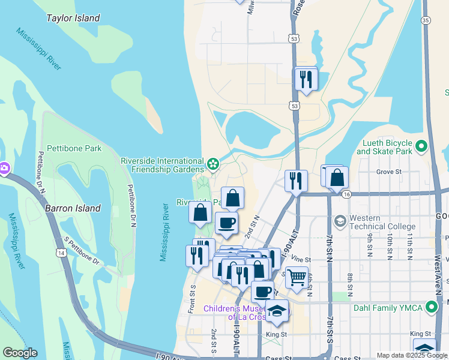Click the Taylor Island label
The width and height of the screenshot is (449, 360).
click(73, 19)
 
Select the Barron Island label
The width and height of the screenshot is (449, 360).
click(73, 209)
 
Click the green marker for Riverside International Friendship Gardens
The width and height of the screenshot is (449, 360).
click(212, 163)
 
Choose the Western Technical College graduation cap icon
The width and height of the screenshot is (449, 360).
click(340, 221)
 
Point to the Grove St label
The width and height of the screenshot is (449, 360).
click(388, 172)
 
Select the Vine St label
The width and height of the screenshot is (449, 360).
click(298, 259)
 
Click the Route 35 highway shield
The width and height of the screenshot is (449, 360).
click(425, 20)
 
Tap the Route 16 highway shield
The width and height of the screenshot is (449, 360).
click(346, 194)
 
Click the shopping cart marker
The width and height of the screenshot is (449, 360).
click(297, 277)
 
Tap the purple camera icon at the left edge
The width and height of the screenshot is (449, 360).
click(4, 169)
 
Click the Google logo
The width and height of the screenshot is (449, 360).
click(20, 353)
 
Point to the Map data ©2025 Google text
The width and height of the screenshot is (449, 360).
click(411, 355)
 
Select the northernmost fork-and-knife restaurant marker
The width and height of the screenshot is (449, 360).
click(306, 79)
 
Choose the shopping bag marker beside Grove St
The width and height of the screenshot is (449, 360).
click(337, 177)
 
